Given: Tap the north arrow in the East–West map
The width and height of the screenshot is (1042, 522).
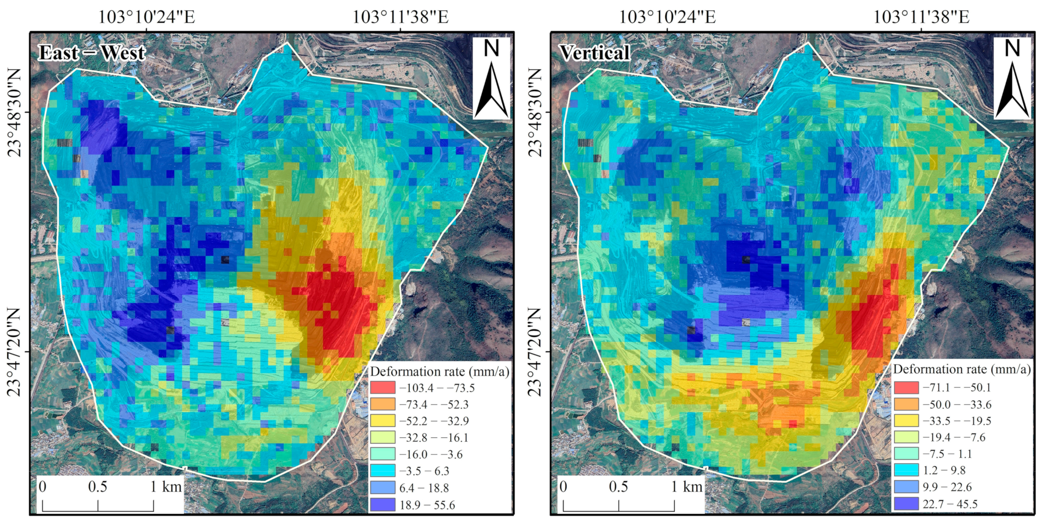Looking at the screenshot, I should click(x=491, y=79).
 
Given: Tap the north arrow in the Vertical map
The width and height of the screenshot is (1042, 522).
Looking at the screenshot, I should click(x=1012, y=79).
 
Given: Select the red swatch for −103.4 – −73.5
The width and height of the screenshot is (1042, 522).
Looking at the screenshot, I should click(x=382, y=387).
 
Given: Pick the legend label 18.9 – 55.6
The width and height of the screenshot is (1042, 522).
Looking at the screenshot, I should click(x=427, y=505).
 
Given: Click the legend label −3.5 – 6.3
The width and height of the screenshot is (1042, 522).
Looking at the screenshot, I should click(x=424, y=471).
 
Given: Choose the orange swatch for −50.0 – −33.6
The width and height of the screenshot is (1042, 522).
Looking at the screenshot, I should click(x=906, y=404).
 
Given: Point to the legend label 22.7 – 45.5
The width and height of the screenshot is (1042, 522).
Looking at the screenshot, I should click(x=950, y=504).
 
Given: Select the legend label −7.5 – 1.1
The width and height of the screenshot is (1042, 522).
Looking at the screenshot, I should click(x=947, y=454).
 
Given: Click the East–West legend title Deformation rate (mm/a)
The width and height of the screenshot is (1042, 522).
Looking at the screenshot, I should click(x=440, y=371).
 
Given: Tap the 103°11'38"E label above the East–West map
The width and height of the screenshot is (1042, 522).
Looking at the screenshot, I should click(x=400, y=17).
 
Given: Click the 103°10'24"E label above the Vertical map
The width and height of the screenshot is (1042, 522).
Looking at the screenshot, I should click(x=668, y=17).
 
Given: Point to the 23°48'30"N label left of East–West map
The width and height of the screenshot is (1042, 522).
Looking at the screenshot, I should click(x=15, y=113).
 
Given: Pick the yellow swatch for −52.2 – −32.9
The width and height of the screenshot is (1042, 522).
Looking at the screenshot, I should click(x=382, y=421).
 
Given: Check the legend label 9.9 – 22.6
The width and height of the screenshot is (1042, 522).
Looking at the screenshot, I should click(x=947, y=487).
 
